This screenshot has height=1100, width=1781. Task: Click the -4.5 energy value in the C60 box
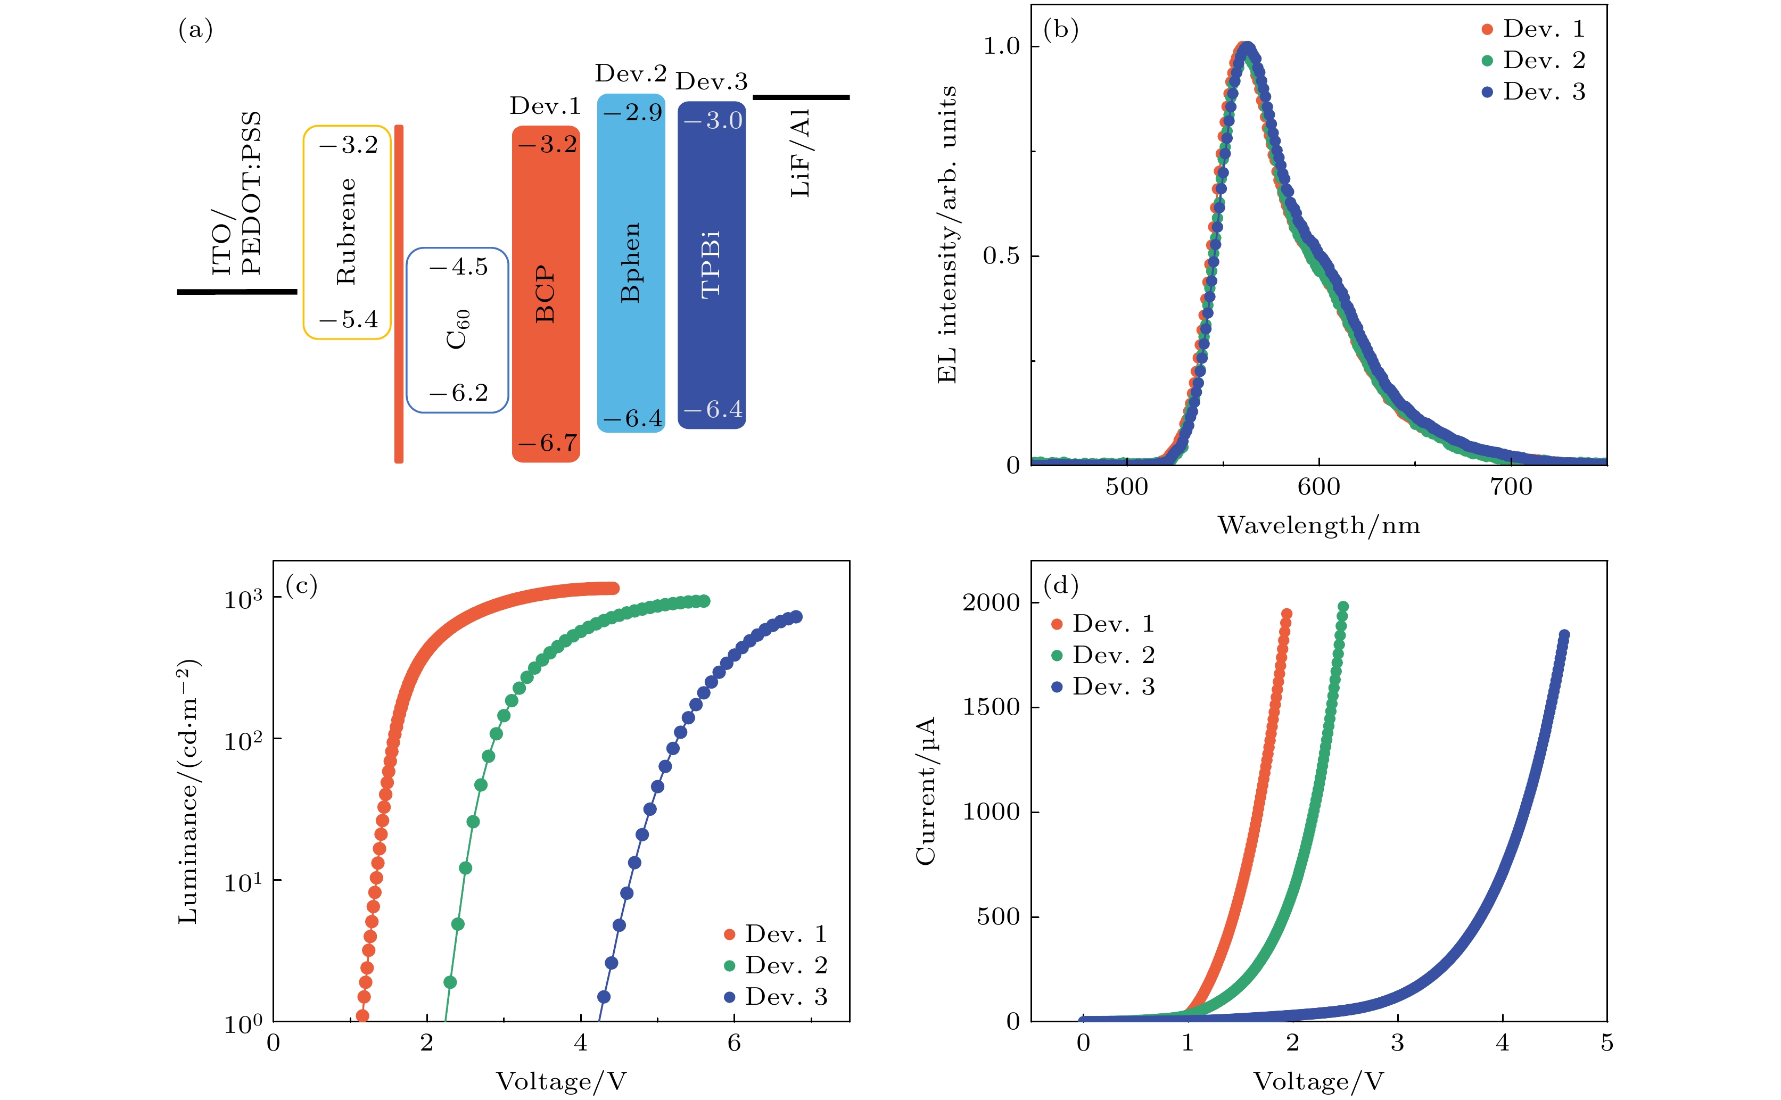pyautogui.click(x=459, y=267)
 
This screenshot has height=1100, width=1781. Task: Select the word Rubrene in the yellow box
pyautogui.click(x=347, y=231)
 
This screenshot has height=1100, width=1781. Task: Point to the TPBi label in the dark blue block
pyautogui.click(x=711, y=264)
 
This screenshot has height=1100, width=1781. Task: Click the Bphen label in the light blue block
pyautogui.click(x=630, y=262)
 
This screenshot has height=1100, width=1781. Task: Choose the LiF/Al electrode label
pyautogui.click(x=801, y=153)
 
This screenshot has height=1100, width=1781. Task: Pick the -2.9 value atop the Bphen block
pyautogui.click(x=632, y=112)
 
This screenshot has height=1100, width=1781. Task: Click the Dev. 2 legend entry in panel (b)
pyautogui.click(x=1533, y=60)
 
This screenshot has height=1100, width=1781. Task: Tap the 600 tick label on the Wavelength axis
pyautogui.click(x=1318, y=487)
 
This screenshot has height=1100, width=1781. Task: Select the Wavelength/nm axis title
pyautogui.click(x=1318, y=525)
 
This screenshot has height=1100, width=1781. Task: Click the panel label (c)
pyautogui.click(x=301, y=585)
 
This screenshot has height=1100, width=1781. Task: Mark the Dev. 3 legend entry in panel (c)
pyautogui.click(x=776, y=997)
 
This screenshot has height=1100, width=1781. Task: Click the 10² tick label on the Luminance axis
pyautogui.click(x=242, y=741)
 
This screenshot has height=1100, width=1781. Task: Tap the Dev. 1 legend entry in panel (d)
pyautogui.click(x=1103, y=624)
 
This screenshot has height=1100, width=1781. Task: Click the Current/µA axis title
pyautogui.click(x=926, y=791)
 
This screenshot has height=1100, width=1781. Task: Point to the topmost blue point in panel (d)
pyautogui.click(x=1563, y=635)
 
